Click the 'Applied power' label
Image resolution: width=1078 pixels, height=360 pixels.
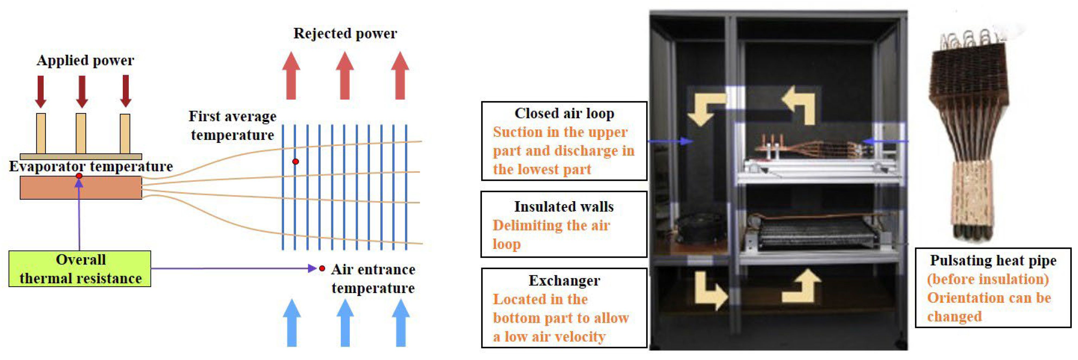click(85, 60)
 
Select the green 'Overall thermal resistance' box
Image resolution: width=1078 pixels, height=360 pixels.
click(80, 269)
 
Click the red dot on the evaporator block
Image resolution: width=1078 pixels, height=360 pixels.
click(79, 176)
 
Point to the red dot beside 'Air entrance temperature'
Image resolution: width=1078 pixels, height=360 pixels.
click(322, 268)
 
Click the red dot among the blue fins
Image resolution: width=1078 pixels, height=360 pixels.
click(295, 162)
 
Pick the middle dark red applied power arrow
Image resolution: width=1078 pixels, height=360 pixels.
click(82, 91)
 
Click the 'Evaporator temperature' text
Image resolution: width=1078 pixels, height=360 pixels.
click(91, 167)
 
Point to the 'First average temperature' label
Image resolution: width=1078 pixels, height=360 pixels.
click(232, 126)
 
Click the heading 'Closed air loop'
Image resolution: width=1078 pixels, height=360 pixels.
click(564, 113)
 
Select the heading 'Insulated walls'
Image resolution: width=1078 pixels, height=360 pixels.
click(564, 207)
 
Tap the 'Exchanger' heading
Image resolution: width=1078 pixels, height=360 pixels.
click(564, 281)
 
